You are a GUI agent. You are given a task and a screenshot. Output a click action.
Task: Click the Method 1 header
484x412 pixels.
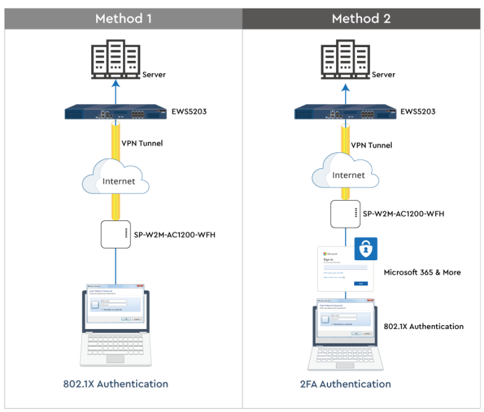(123, 18)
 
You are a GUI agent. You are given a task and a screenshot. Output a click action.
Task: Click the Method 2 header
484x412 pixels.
(361, 18)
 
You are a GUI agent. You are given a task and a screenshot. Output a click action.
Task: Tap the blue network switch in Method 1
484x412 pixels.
(116, 113)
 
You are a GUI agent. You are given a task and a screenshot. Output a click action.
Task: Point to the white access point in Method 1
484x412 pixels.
(116, 234)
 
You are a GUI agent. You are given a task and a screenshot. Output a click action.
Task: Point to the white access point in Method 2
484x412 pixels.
(346, 213)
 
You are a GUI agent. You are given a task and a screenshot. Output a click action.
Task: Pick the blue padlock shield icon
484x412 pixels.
(365, 249)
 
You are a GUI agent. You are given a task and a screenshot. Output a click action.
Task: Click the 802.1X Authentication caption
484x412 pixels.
(117, 384)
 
